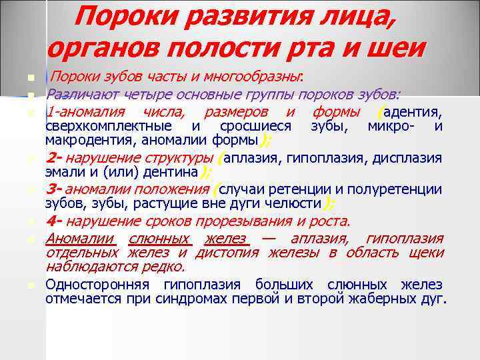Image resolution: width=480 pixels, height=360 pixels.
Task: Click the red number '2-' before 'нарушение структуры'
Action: [x=54, y=158]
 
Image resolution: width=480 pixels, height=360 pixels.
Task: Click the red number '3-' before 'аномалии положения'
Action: [x=54, y=189]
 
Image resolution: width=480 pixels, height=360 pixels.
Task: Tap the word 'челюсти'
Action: [x=297, y=204]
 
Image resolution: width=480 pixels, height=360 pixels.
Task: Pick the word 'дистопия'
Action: [x=231, y=253]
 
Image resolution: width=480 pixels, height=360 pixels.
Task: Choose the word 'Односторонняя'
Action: [x=99, y=285]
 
